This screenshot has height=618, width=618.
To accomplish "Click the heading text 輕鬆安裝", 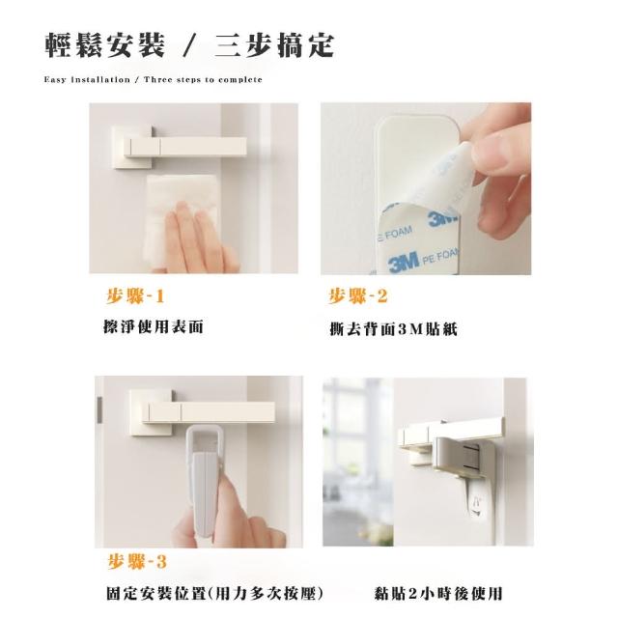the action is pyautogui.click(x=105, y=45).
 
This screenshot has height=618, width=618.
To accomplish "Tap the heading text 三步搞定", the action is pyautogui.click(x=275, y=45).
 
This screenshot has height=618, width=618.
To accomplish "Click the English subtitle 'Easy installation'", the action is pyautogui.click(x=87, y=79).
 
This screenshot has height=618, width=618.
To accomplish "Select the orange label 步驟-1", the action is pyautogui.click(x=135, y=296).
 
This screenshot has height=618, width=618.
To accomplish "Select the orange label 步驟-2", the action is pyautogui.click(x=358, y=296).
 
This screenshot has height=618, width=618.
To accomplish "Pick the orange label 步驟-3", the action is pyautogui.click(x=137, y=562).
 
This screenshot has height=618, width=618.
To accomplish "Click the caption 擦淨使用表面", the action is pyautogui.click(x=153, y=326).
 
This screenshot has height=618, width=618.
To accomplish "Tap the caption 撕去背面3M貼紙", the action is pyautogui.click(x=393, y=329).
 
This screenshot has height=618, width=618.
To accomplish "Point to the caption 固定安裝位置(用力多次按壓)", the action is pyautogui.click(x=215, y=593).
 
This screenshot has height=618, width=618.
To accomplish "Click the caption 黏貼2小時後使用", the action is pyautogui.click(x=438, y=593).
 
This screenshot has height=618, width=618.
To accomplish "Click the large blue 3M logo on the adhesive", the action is pyautogui.click(x=404, y=263).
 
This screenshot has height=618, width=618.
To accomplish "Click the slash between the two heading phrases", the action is pyautogui.click(x=190, y=46).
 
